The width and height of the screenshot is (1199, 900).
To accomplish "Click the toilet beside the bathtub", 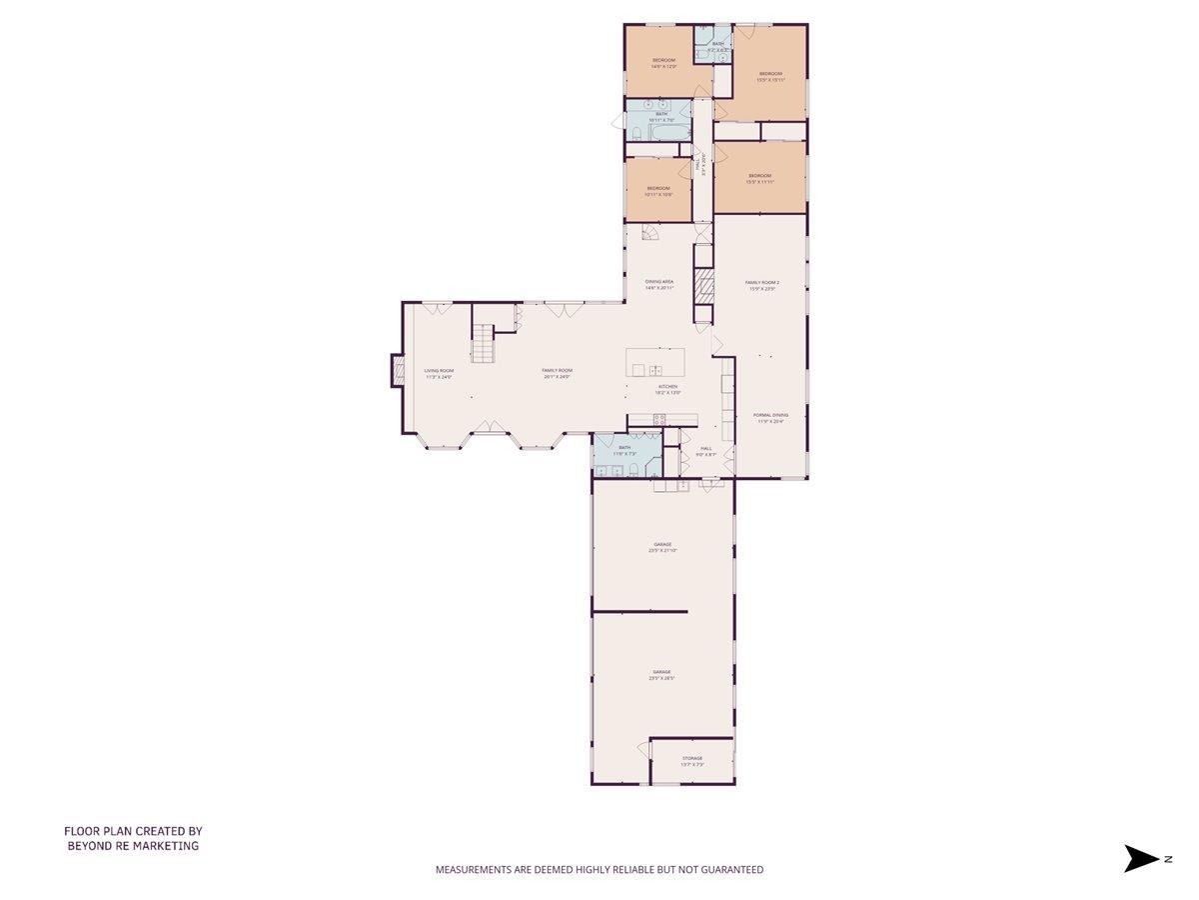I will coord(636,133).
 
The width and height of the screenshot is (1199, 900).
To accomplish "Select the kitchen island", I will coord(655,361).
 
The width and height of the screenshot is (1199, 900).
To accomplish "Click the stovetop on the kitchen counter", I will coord(659,420).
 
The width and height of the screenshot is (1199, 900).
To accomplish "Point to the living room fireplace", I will coord(397,371).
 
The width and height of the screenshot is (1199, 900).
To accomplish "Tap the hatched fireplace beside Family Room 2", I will coord(703,285).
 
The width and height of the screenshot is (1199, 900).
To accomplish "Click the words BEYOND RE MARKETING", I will coord(133,846).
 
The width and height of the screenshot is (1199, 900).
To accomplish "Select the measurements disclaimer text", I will coord(599,870).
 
